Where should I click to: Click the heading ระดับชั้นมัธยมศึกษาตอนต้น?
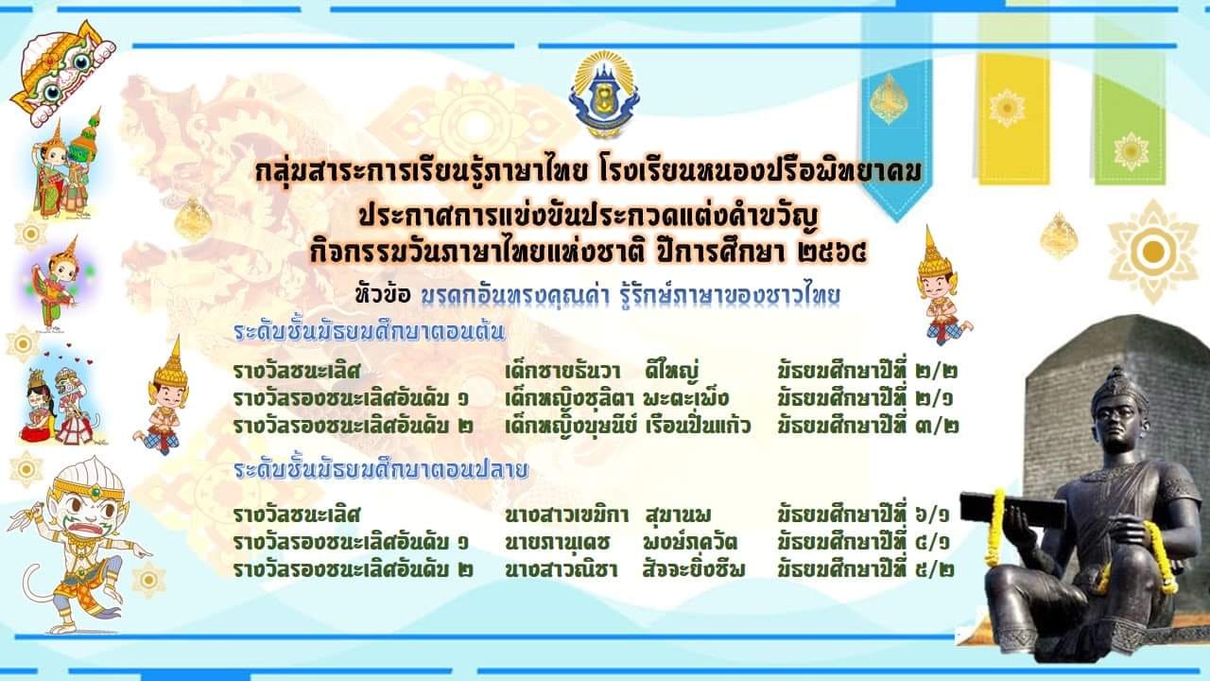tap(370, 332)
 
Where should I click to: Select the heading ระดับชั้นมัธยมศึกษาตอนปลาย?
tap(381, 470)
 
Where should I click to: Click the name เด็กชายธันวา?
tap(562, 372)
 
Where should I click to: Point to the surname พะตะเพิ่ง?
tap(686, 398)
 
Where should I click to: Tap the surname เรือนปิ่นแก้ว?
tap(698, 426)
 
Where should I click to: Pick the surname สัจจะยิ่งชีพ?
tap(694, 569)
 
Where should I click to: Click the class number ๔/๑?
tap(933, 542)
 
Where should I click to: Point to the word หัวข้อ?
tap(384, 295)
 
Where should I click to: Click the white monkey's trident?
tap(26, 516)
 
